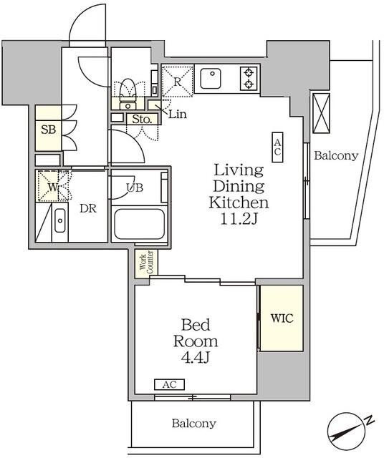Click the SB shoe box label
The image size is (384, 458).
click(x=49, y=130)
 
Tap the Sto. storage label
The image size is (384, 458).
click(x=140, y=120)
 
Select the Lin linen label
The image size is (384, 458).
click(x=178, y=114)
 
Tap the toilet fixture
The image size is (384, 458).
click(x=128, y=89)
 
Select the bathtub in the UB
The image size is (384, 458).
click(x=139, y=223)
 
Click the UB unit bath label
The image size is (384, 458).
click(x=135, y=188)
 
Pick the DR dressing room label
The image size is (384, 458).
click(x=87, y=209)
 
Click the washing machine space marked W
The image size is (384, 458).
click(x=53, y=187)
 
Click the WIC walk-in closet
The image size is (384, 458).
click(x=280, y=318)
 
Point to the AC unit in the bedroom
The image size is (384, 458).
click(x=169, y=384)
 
